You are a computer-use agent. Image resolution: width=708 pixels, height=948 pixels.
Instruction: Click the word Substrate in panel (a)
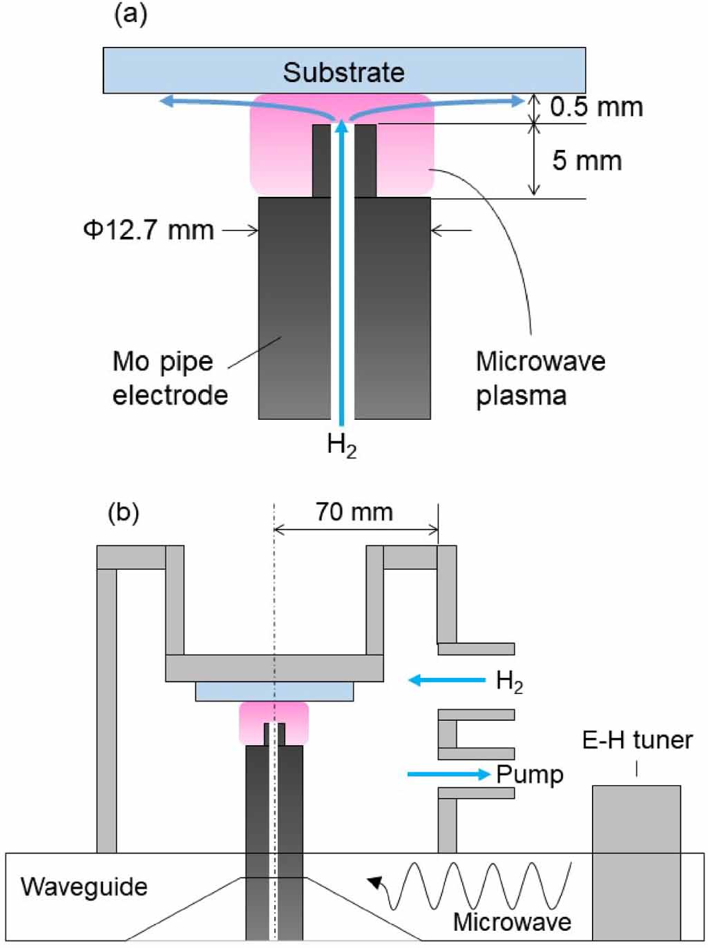point(343,72)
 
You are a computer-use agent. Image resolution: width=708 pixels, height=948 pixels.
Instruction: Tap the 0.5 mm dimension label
point(596,107)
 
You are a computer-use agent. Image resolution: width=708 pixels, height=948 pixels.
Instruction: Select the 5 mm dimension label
point(586,161)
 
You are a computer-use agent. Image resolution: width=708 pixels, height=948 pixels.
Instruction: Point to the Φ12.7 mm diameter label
point(149,230)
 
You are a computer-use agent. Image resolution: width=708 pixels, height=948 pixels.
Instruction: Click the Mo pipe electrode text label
point(170,378)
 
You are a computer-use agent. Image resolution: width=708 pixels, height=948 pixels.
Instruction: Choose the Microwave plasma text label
point(540,378)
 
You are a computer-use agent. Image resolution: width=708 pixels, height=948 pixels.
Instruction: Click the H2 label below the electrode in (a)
point(342,445)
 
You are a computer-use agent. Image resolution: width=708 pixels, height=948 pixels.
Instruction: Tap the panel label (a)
point(130,14)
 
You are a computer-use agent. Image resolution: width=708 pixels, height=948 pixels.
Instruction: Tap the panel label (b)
point(124,513)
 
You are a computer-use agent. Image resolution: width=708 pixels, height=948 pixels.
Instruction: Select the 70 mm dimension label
point(354,512)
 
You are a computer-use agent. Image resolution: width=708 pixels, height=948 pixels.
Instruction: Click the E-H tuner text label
point(637,740)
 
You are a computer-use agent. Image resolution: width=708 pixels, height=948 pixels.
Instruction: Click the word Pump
point(530,775)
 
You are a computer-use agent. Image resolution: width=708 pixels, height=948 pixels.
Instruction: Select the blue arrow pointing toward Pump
point(448,774)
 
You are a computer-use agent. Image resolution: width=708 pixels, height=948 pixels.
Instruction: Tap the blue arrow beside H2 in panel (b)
point(447,680)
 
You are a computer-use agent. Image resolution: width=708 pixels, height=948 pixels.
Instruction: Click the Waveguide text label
point(84,887)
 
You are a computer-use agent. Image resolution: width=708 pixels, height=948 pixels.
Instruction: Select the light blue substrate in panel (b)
point(274,691)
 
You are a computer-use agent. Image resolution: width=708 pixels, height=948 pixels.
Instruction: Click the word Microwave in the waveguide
point(512,922)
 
